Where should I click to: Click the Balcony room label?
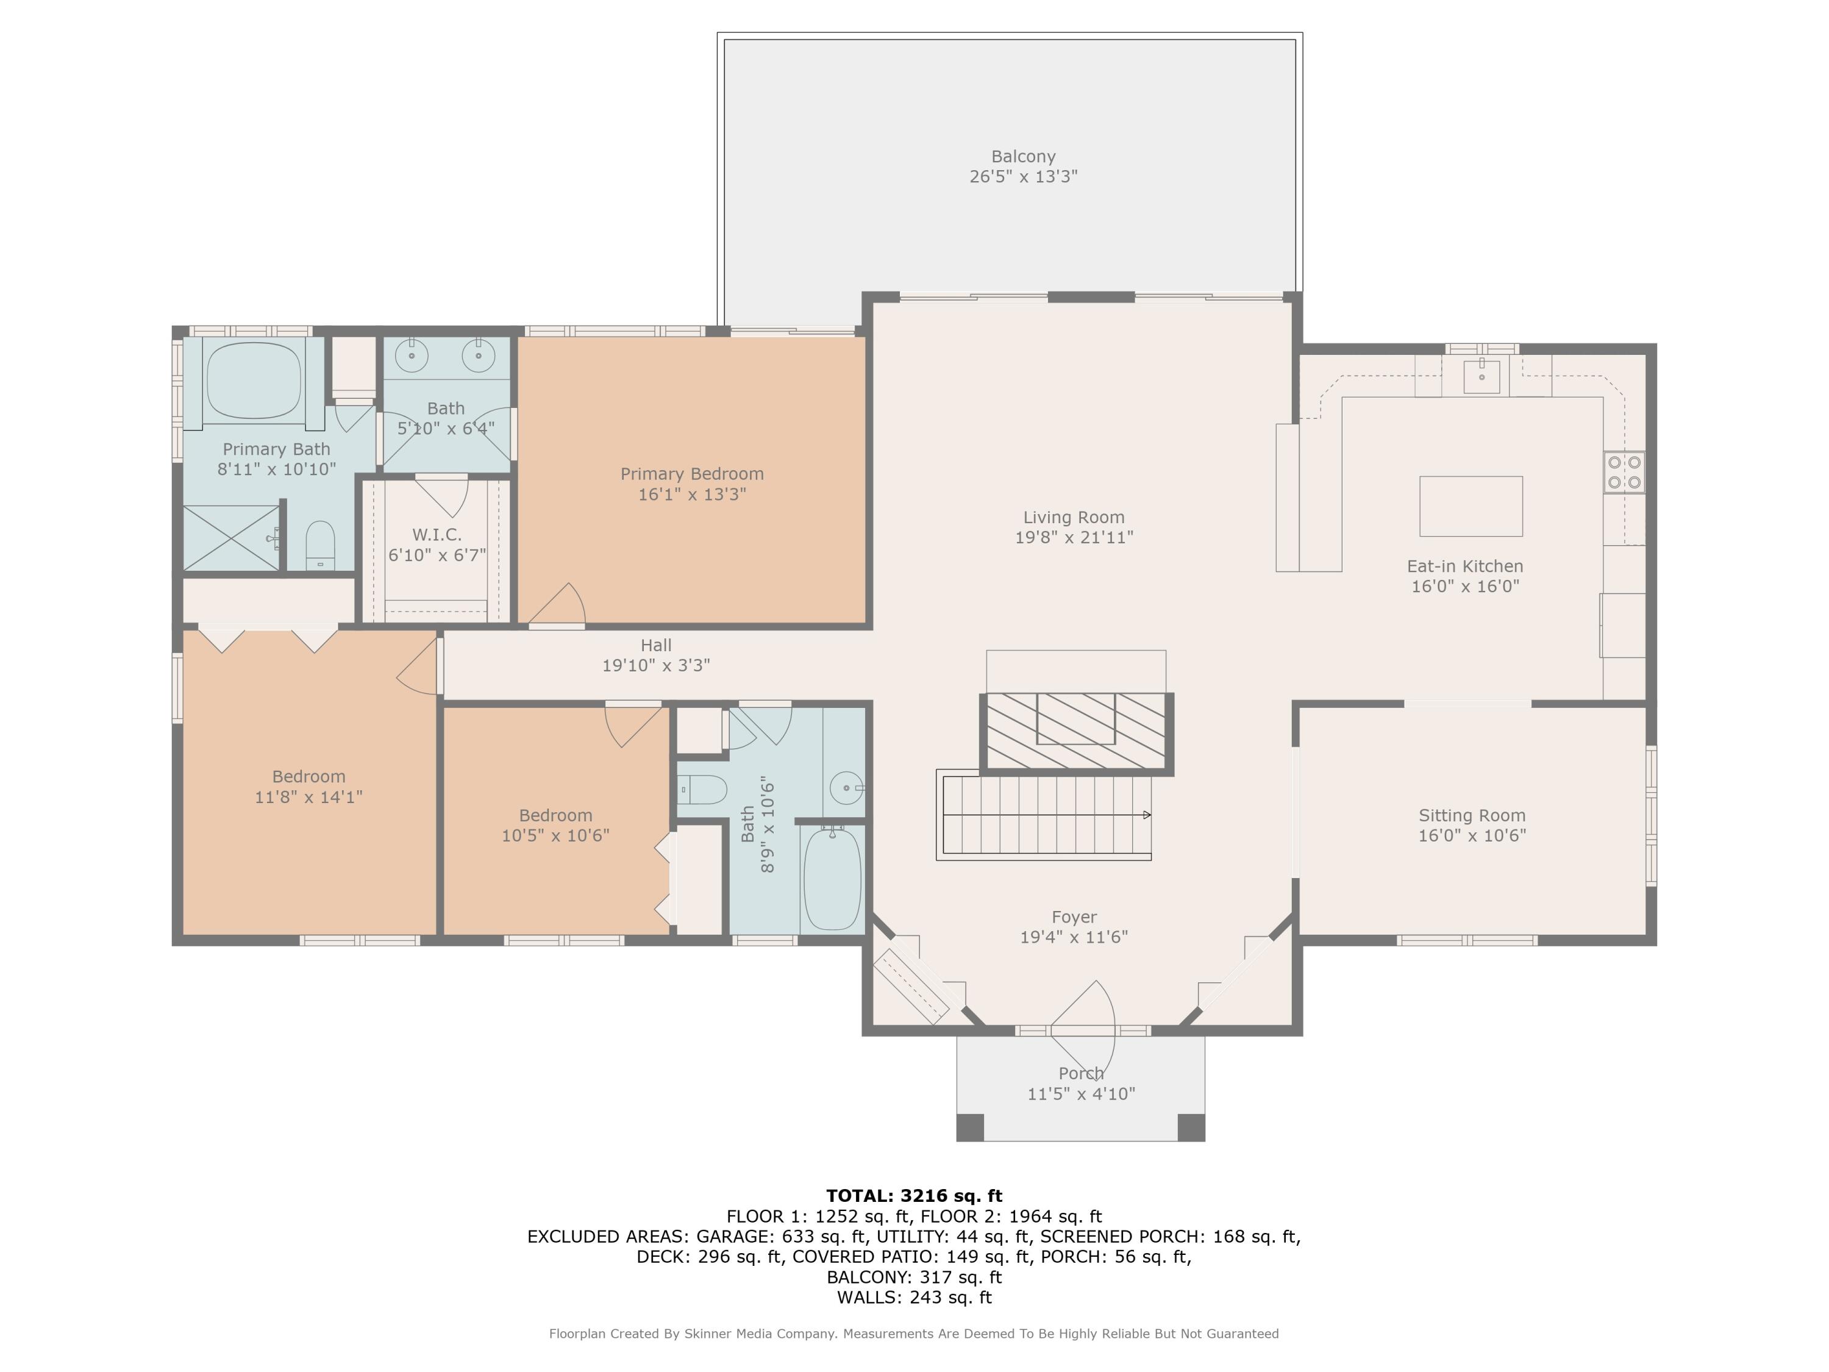(1023, 156)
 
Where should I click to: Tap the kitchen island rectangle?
(1471, 506)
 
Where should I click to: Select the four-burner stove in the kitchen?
(1624, 472)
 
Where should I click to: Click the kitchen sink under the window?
(1481, 376)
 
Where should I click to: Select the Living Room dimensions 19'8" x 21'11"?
(1074, 537)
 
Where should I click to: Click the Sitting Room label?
(1472, 815)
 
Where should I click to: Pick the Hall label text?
(655, 645)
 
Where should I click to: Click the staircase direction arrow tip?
(1150, 815)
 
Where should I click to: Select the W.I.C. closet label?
(437, 535)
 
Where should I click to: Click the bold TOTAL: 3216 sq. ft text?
(914, 1196)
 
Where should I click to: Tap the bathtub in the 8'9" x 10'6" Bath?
(832, 878)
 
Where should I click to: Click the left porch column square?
(970, 1127)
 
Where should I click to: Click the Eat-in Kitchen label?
(1465, 566)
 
